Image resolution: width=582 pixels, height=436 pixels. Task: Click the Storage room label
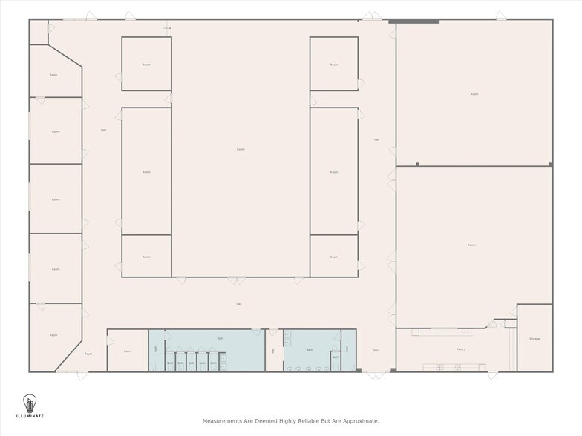tap(534, 339)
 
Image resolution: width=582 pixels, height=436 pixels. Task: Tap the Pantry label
tap(460, 349)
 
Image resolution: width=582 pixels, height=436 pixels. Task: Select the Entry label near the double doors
tap(376, 351)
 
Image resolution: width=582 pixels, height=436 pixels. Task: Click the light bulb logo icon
tap(30, 404)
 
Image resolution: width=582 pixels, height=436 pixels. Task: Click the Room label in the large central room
tap(241, 149)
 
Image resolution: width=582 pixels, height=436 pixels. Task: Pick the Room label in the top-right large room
tap(474, 94)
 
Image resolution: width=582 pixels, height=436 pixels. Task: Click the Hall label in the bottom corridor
tap(239, 304)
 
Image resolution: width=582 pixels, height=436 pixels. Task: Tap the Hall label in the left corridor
tap(103, 131)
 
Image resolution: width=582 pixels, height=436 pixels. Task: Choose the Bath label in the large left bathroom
tap(220, 338)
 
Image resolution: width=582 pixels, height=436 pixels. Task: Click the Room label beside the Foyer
tap(128, 351)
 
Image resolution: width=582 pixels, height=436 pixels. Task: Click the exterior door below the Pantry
tap(493, 374)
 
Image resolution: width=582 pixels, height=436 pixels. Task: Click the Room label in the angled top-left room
tap(53, 75)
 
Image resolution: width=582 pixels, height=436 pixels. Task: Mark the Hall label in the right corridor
tap(376, 139)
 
